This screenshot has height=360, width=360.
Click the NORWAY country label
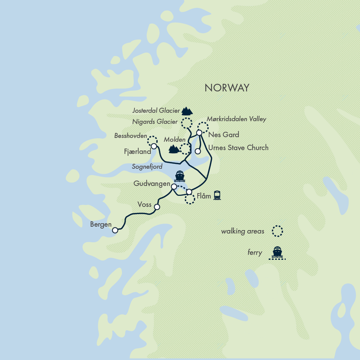click(227, 88)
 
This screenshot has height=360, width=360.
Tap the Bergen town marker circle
click(115, 230)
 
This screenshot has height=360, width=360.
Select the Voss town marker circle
click(157, 207)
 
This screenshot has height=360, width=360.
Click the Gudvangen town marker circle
click(174, 187)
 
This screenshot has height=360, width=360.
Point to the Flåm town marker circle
click(189, 192)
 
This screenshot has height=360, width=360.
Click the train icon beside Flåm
click(217, 195)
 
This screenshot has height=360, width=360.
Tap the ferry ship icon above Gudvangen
click(179, 176)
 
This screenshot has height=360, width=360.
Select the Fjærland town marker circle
click(154, 146)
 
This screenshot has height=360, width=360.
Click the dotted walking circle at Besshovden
click(152, 141)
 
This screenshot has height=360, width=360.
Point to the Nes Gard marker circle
click(199, 133)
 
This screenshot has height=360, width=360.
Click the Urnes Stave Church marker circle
click(198, 151)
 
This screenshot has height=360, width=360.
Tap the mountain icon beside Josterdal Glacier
click(187, 111)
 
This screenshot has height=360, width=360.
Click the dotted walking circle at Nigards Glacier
click(186, 123)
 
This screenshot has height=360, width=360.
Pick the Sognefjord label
click(147, 166)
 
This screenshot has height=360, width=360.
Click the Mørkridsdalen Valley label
click(236, 119)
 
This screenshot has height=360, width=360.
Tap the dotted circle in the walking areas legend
click(277, 231)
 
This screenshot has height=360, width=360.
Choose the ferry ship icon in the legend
click(277, 252)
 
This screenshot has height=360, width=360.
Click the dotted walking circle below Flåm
click(189, 199)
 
